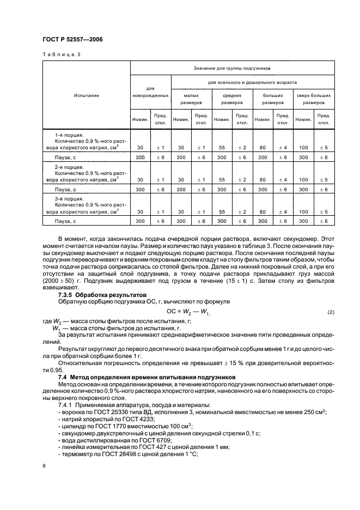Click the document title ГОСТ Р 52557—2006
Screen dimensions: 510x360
[x=72, y=40]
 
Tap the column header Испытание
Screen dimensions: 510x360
[x=87, y=95]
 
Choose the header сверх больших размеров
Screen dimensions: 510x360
[x=314, y=99]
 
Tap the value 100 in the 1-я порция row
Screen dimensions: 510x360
[x=303, y=148]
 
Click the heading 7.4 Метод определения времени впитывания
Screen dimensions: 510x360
[x=147, y=377]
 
